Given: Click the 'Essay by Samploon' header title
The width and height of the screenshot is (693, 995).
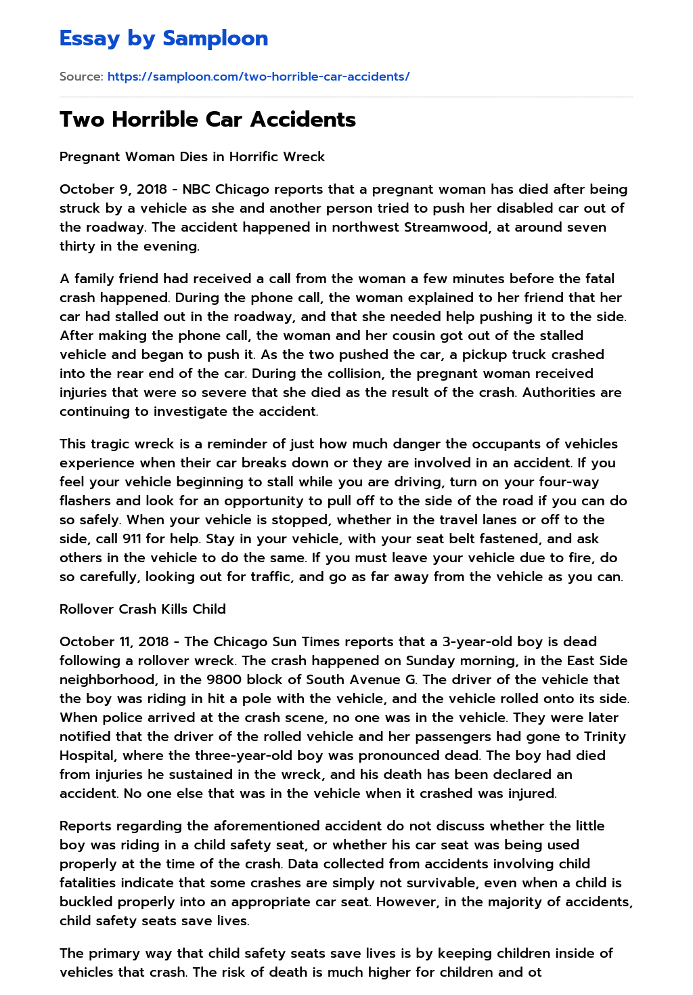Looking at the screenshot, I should (164, 39).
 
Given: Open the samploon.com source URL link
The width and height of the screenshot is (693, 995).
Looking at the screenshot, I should (259, 77).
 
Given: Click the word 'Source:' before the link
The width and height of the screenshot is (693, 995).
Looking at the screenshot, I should (81, 77).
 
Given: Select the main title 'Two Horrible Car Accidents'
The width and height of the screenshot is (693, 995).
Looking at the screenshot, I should (208, 119).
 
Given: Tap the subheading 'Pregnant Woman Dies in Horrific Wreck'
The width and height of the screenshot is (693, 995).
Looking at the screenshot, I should (192, 156).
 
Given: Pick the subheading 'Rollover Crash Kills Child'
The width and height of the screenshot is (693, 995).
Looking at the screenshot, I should (143, 609).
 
